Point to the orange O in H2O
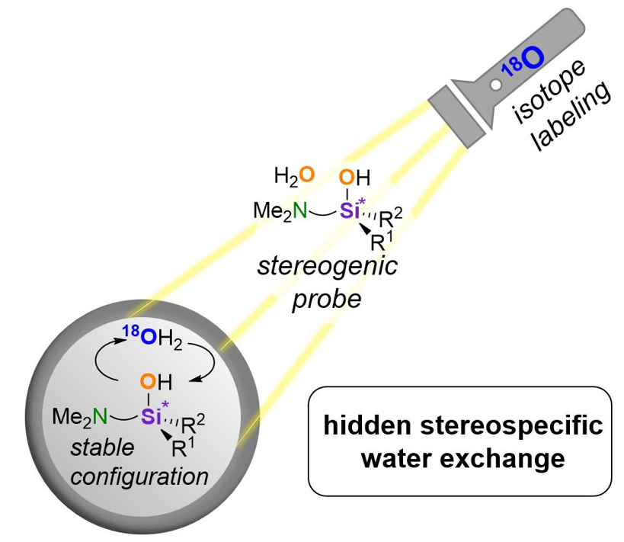(x=306, y=175)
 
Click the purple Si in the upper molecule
(x=347, y=211)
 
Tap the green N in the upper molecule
(x=301, y=210)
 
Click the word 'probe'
(x=327, y=298)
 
